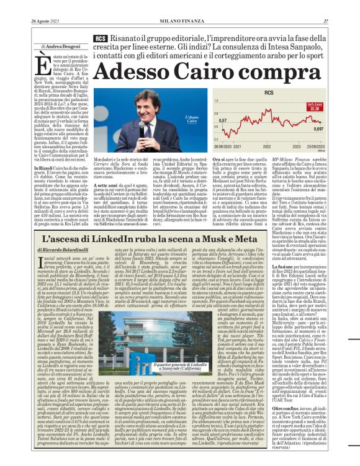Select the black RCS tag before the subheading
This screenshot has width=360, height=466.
pos(99,38)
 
